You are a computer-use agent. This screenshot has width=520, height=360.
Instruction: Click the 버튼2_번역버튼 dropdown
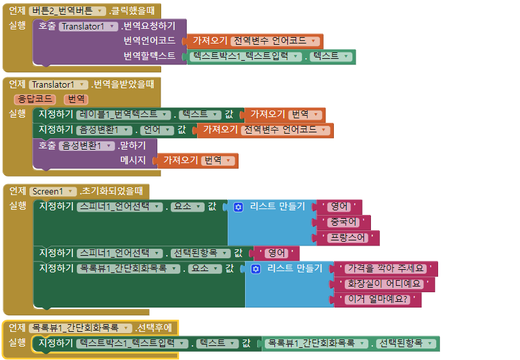pos(68,11)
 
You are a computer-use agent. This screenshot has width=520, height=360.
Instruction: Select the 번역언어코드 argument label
pos(150,41)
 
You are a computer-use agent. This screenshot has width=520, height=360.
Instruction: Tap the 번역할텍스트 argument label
pos(150,56)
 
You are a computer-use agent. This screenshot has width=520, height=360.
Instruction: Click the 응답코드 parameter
pos(35,99)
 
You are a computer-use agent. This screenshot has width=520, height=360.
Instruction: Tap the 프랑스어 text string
pos(347,238)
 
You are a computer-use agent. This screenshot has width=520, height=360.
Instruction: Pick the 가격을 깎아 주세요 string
pos(386,268)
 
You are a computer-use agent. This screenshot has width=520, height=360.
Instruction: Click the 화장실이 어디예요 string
pos(381,283)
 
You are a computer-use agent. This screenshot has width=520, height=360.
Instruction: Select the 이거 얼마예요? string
pos(377,299)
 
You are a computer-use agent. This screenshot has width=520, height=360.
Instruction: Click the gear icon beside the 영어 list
pos(239,207)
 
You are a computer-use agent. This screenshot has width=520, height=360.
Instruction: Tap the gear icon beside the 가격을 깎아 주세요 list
pos(256,269)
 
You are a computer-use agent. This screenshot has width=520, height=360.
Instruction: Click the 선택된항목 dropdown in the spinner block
pos(201,253)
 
